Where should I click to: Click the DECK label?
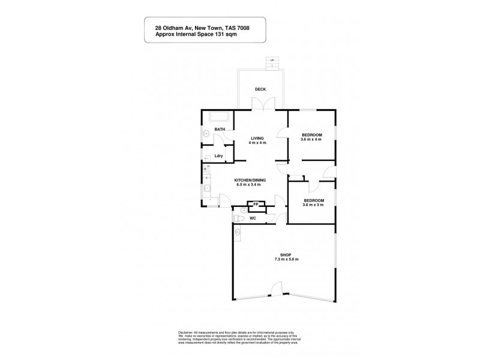(x=260, y=89)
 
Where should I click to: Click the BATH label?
(x=220, y=130)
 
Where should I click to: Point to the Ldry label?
(x=219, y=156)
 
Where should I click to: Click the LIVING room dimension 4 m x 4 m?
(x=258, y=143)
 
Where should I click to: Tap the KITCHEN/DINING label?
(x=251, y=179)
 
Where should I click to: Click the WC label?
(x=253, y=218)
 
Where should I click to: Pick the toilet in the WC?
(x=238, y=220)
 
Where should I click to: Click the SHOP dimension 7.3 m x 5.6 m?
(x=286, y=259)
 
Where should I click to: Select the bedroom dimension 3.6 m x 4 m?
(x=311, y=139)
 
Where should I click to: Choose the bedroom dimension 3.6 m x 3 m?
(x=313, y=205)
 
